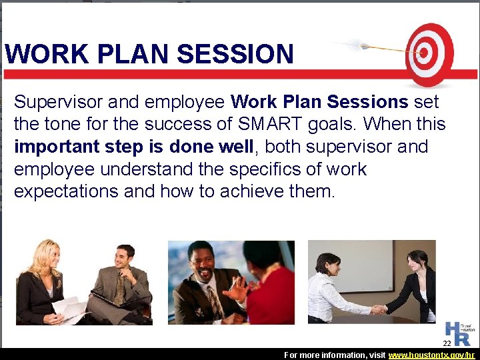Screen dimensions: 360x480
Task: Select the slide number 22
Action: [448, 343]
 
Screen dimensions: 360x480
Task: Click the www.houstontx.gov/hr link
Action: [431, 355]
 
